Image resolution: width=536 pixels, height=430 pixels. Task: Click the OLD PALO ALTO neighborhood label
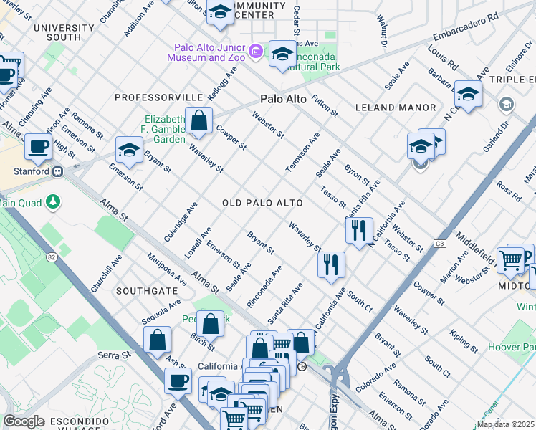pos(262,204)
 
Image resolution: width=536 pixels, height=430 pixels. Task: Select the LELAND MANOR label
pos(396,107)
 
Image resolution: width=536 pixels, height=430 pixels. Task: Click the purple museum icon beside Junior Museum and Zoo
pos(257,50)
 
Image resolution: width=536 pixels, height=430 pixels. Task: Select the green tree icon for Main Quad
pos(52,202)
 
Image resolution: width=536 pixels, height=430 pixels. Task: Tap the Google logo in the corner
pos(24,421)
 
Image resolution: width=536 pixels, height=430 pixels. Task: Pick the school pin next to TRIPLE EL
pos(468,95)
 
